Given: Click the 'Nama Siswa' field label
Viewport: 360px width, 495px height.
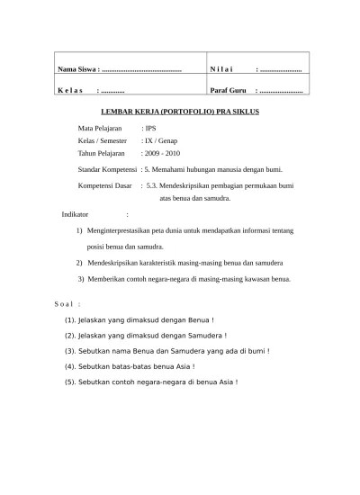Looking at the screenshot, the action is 77,69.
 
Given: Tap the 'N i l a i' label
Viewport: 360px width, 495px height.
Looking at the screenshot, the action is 221,69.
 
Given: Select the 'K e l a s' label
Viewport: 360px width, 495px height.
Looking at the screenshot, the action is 70,91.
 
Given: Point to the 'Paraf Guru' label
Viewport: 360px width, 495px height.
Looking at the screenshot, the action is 229,91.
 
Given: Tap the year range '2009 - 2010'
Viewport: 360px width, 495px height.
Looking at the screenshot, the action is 165,155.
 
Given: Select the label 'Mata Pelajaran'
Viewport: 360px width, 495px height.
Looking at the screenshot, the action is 100,130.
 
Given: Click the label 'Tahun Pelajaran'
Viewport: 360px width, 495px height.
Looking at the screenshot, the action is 102,155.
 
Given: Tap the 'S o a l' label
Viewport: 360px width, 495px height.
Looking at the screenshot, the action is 68,305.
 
